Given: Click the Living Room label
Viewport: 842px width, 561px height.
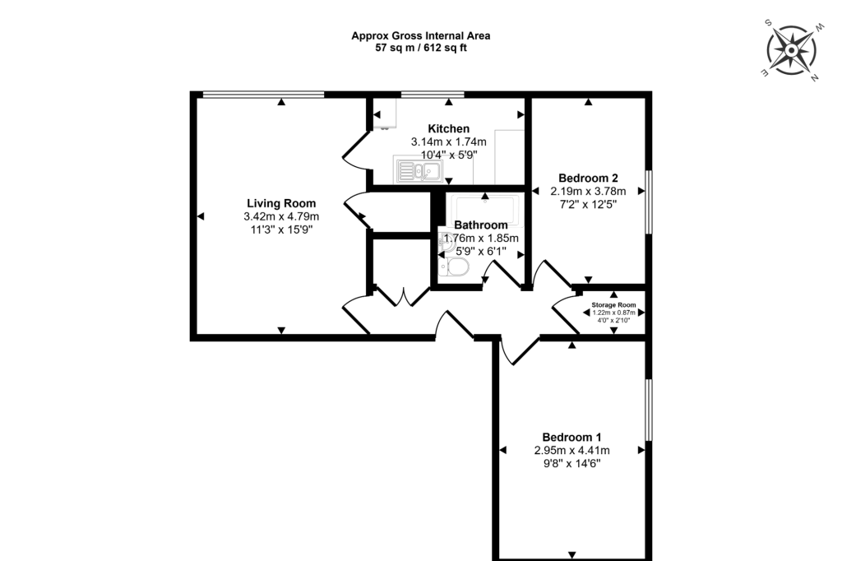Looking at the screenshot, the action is [281, 203].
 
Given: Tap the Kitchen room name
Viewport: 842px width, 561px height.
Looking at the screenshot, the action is [448, 128].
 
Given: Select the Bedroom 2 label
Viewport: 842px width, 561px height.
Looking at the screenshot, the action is [588, 178].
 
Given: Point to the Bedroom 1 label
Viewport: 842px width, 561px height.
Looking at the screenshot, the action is [571, 437].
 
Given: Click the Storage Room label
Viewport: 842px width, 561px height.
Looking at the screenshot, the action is [613, 304].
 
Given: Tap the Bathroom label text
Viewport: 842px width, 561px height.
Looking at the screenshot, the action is [480, 225].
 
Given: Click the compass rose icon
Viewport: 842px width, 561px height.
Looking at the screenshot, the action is [792, 50].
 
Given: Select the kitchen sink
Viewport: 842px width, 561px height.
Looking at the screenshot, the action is [419, 171].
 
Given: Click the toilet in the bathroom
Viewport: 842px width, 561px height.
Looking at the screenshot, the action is [453, 267].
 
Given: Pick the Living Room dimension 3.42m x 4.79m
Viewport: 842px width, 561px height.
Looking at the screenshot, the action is [281, 216].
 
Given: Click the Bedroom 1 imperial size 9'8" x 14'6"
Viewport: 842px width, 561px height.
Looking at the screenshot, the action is [571, 463].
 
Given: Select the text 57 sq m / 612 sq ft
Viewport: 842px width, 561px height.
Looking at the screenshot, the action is [420, 48].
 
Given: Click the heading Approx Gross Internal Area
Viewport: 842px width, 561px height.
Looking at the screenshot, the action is [420, 36].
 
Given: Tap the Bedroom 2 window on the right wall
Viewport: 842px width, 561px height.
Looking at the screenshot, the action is [649, 202].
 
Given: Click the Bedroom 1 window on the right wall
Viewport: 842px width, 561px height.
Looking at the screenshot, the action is [649, 410].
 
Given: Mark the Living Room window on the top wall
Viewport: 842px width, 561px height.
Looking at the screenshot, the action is [264, 95].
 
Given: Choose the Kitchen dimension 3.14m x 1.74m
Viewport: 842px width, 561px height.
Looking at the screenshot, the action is [448, 141].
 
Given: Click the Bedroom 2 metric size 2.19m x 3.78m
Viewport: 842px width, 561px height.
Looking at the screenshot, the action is [588, 192].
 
